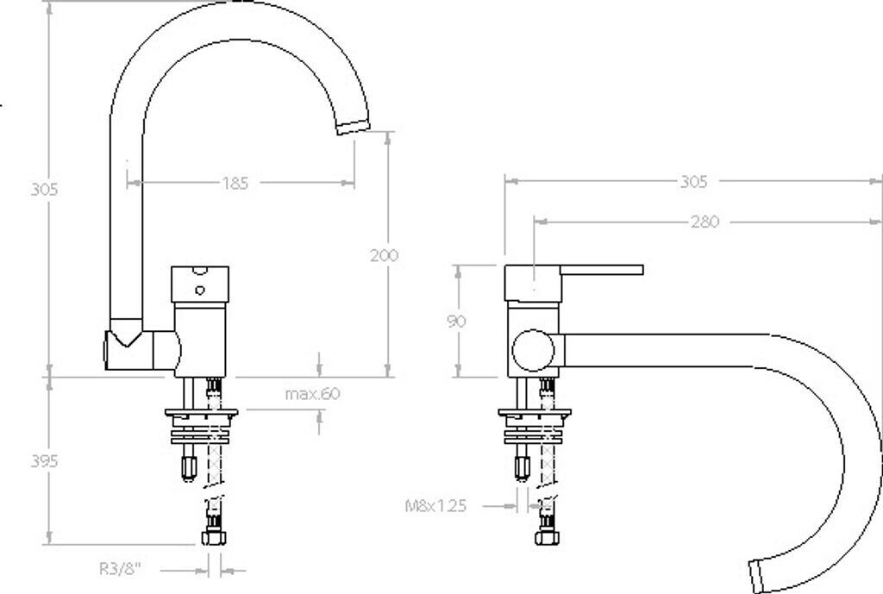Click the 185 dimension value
(235, 183)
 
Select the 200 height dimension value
(384, 255)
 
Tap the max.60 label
(313, 394)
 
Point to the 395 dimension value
(44, 461)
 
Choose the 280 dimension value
(704, 222)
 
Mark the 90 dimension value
(457, 321)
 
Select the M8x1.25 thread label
(435, 506)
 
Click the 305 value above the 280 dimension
(693, 181)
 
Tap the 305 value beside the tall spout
(44, 190)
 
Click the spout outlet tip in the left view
(353, 127)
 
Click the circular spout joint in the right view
(530, 351)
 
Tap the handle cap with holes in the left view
(200, 284)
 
